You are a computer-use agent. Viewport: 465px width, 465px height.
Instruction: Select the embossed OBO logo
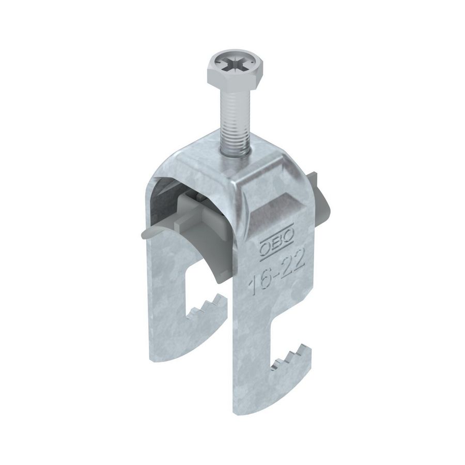coord(277,236)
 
